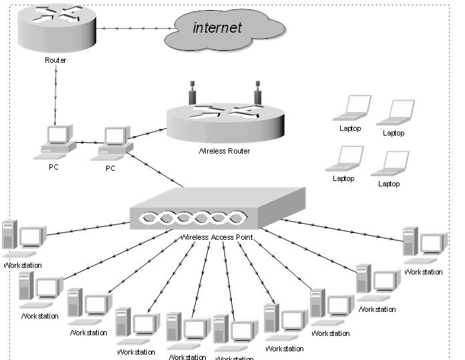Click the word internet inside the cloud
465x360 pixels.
point(217,27)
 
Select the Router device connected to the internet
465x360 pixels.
point(55,28)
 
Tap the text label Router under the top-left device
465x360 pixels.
point(55,61)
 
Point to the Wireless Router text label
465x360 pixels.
point(224,152)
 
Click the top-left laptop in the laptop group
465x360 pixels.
point(353,108)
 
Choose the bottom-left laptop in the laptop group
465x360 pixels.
point(344,158)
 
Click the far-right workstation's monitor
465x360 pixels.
point(432,243)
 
